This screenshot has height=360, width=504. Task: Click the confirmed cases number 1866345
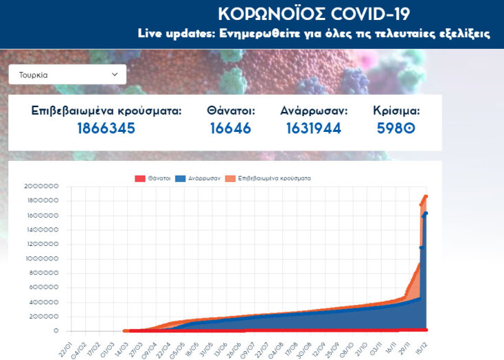(106, 128)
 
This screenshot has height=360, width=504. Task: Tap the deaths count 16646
(231, 128)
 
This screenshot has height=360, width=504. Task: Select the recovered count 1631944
(314, 128)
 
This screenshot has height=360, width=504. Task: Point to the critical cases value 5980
(396, 128)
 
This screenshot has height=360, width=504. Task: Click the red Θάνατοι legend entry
(152, 178)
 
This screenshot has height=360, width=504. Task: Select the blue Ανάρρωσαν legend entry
(198, 178)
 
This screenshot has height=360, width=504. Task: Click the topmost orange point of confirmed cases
(426, 196)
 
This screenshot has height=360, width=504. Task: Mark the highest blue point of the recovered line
(426, 214)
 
